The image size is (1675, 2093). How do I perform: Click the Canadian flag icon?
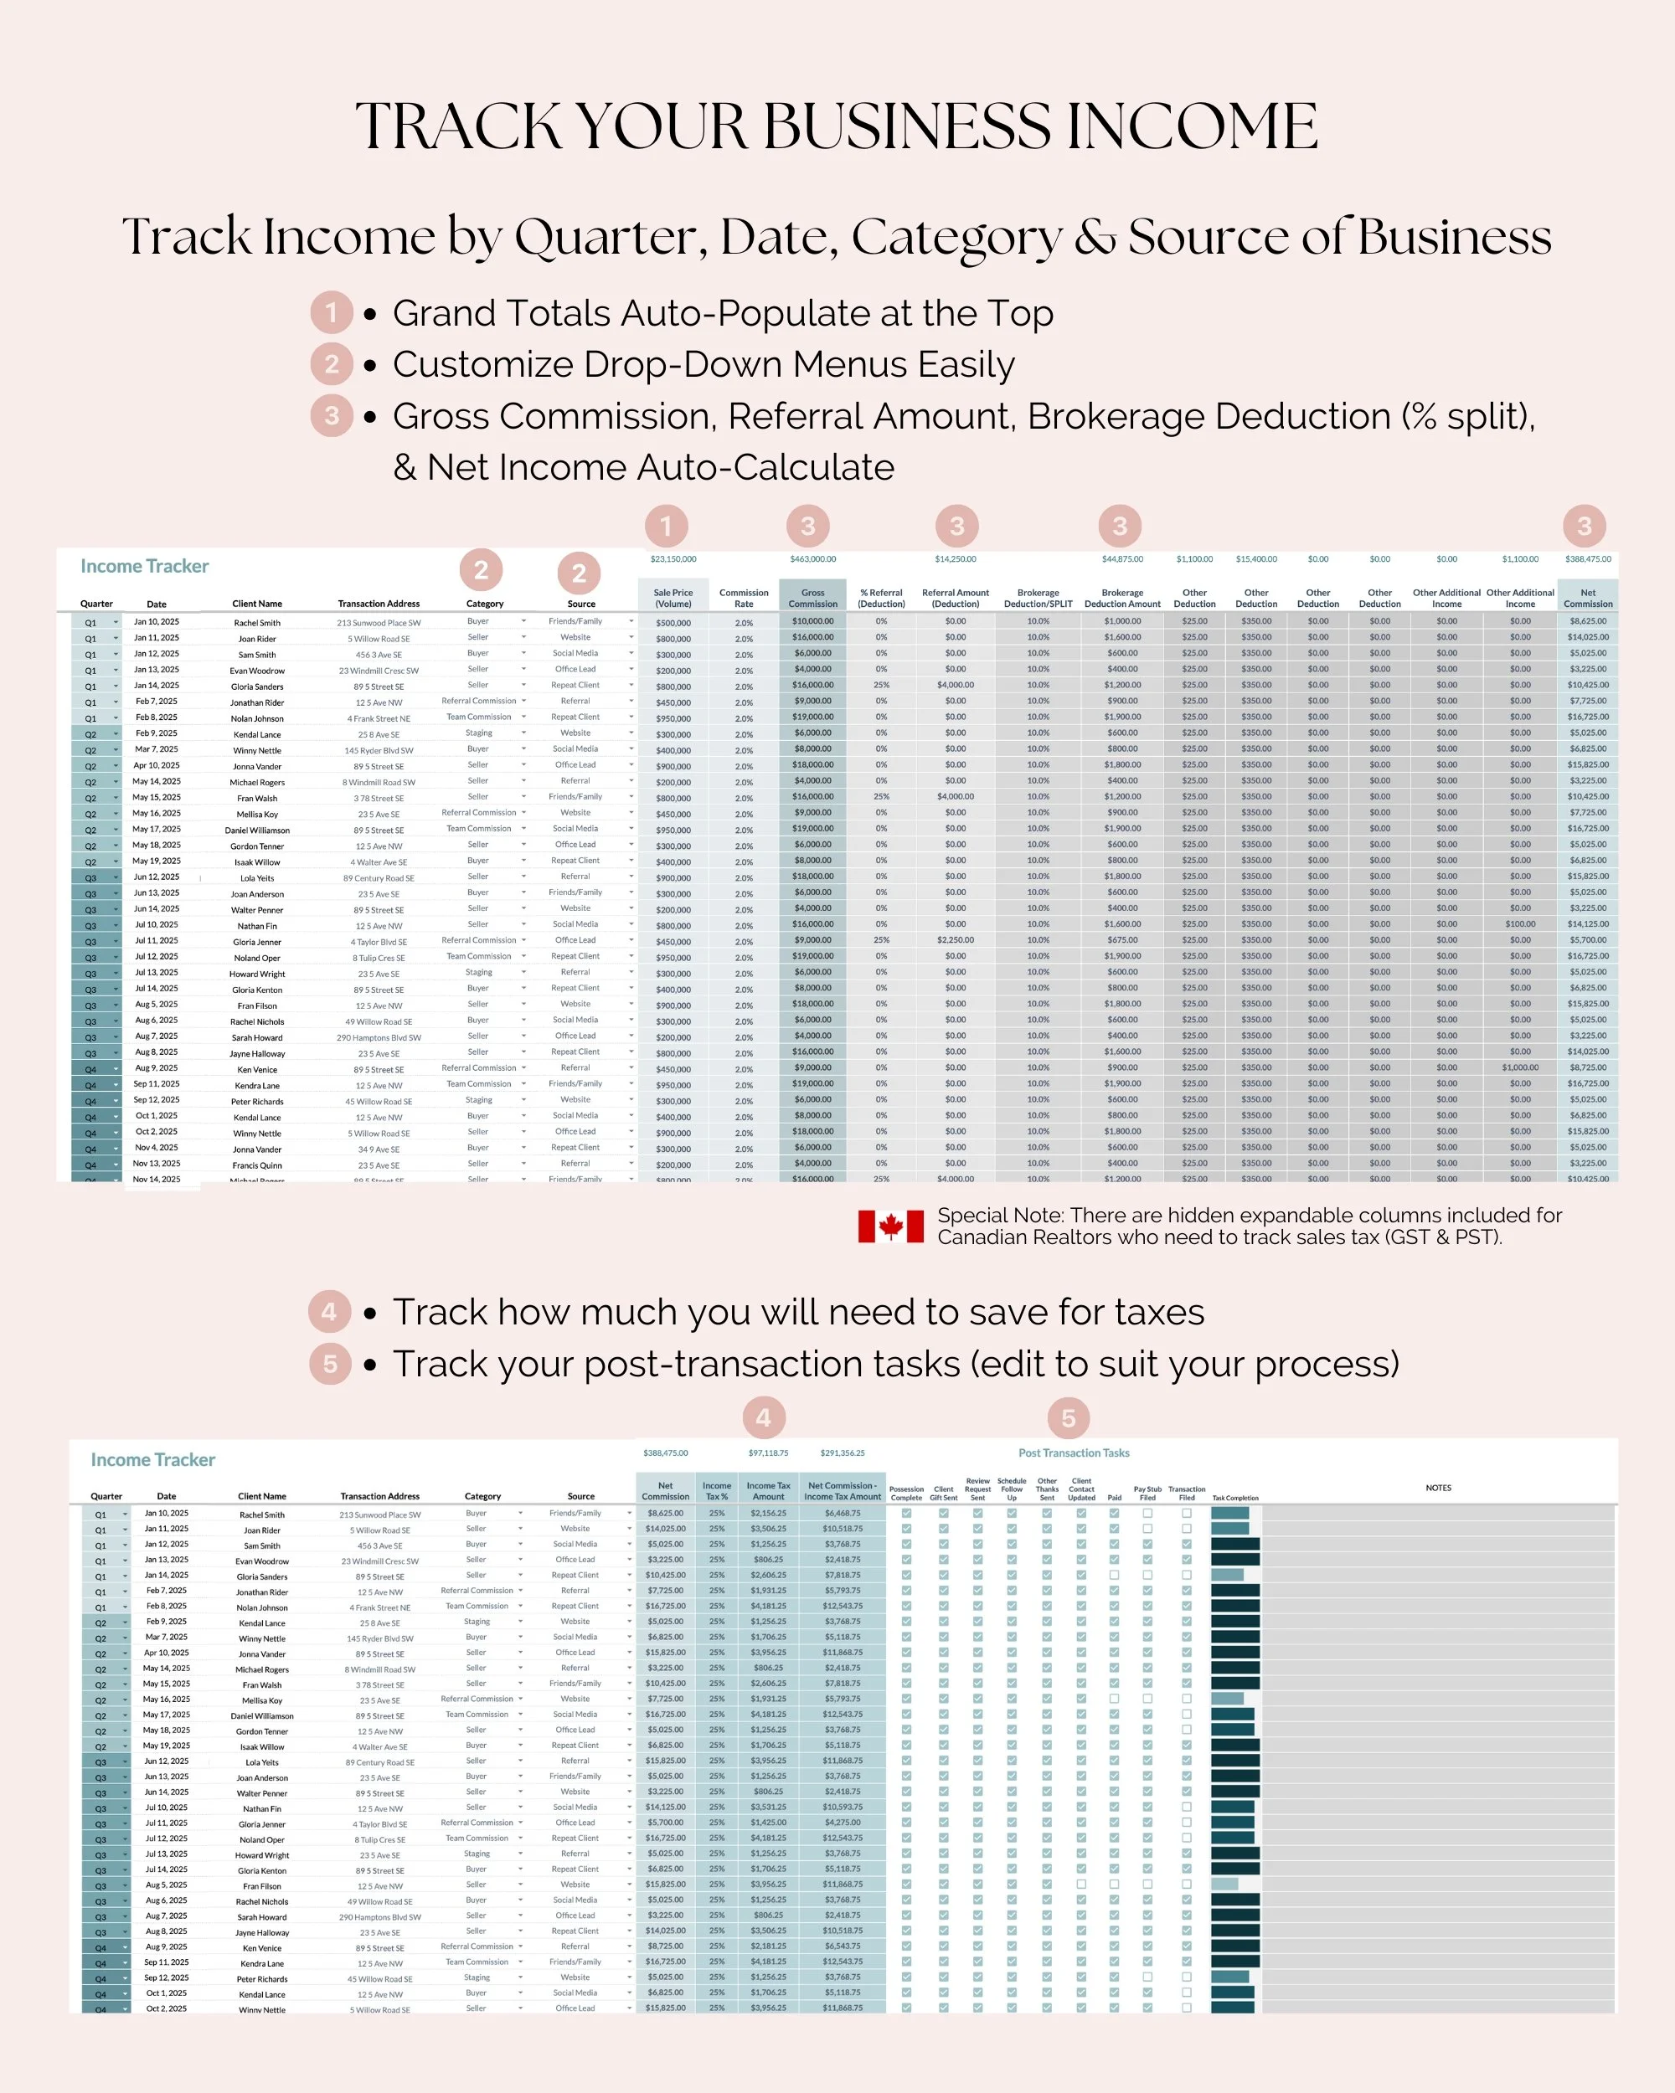point(890,1226)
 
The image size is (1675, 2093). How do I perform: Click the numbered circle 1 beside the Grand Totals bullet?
point(331,312)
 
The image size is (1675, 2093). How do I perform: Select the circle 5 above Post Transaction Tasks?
point(1068,1418)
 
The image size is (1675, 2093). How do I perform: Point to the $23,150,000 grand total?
point(673,559)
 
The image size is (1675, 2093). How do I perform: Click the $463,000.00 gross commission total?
point(812,559)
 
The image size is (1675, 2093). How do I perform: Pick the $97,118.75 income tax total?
point(768,1453)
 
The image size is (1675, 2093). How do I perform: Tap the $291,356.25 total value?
point(842,1453)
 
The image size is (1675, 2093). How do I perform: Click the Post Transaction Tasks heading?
point(1073,1453)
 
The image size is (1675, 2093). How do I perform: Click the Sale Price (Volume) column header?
point(673,598)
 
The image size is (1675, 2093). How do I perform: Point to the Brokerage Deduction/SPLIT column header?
point(1038,598)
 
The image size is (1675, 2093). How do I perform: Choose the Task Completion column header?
point(1235,1498)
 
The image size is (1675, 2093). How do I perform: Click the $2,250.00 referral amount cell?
point(956,939)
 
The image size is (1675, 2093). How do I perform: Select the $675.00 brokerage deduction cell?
point(1122,939)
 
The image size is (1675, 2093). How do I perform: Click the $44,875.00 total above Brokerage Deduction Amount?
point(1122,559)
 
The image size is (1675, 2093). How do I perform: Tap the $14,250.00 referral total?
point(956,559)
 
